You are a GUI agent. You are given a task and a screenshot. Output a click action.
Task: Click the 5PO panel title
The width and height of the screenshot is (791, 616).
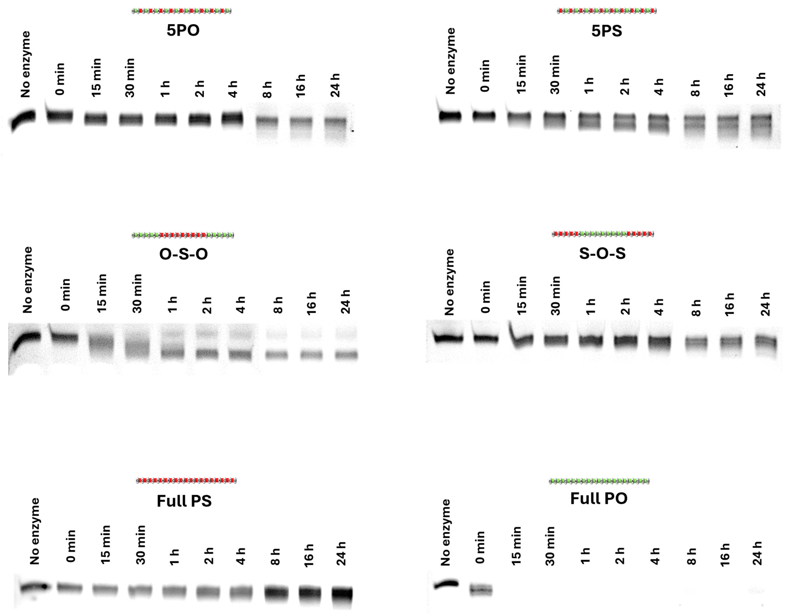183,30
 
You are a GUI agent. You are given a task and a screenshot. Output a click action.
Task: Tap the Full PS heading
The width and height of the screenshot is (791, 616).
184,501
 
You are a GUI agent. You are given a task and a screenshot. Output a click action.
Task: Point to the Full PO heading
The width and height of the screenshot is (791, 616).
599,499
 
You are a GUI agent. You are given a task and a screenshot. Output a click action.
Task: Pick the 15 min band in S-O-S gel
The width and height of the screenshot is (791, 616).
521,341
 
